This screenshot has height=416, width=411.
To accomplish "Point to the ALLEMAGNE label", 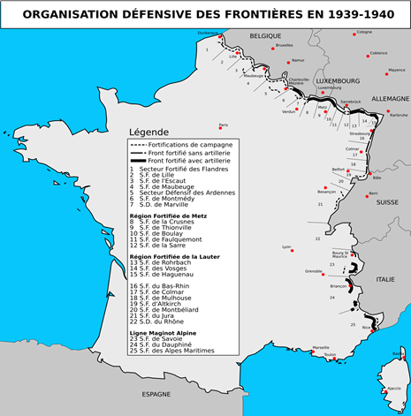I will [390, 99].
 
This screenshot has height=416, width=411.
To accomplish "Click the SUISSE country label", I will [387, 202].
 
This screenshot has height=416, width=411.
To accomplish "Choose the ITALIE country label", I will [385, 279].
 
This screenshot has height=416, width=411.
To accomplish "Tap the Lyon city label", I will [285, 246].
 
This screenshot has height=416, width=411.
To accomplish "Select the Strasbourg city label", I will [360, 133].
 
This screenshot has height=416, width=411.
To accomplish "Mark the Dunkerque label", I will [208, 34].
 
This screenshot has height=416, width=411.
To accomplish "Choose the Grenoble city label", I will [314, 271].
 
